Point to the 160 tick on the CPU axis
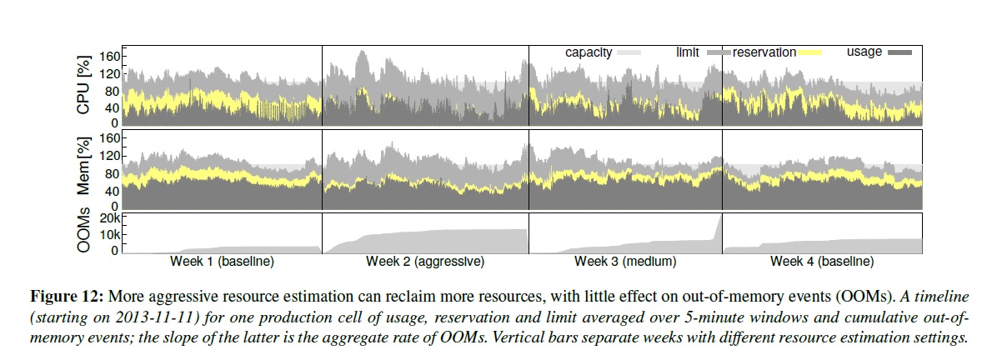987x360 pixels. [108, 56]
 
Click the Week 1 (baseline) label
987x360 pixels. [222, 261]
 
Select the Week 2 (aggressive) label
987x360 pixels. [424, 261]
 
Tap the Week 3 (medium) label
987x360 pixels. [625, 261]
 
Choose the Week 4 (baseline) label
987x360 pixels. [821, 261]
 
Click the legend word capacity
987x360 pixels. [589, 52]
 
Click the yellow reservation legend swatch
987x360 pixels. [810, 52]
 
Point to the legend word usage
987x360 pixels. [864, 52]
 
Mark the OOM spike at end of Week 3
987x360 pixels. [719, 225]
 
